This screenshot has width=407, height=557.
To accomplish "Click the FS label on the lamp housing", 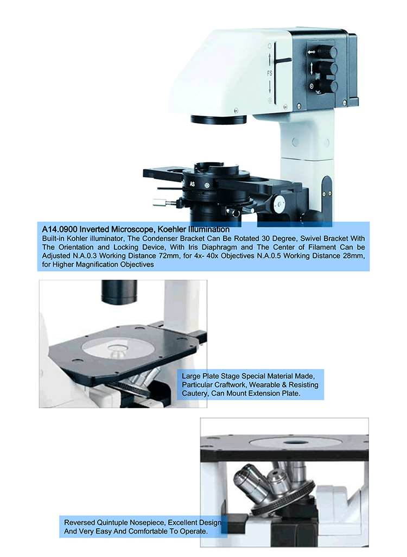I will click(270, 72).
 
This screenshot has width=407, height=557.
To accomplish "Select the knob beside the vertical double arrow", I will click(326, 68).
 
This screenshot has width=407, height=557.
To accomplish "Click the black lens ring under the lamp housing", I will click(218, 119).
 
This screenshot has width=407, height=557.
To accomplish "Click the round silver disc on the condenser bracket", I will click(279, 205).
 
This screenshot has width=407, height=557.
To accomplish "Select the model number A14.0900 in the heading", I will click(60, 230).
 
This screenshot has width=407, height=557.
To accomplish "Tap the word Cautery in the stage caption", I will click(194, 393).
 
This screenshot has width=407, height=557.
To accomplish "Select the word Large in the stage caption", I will click(192, 376).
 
